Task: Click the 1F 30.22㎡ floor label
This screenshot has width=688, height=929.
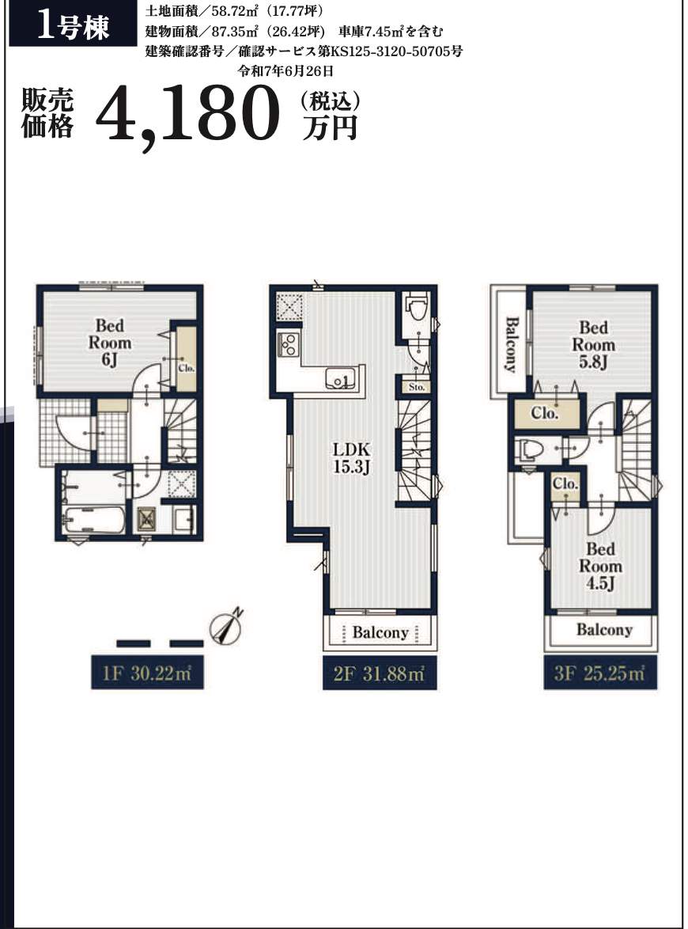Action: tap(147, 673)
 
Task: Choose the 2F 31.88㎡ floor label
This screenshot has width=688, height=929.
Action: tap(380, 673)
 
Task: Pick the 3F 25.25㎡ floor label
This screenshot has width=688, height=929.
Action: tap(600, 673)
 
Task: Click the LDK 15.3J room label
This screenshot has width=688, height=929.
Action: tap(352, 457)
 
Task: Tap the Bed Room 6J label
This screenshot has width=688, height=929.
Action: tap(110, 343)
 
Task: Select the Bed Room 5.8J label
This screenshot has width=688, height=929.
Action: tap(593, 345)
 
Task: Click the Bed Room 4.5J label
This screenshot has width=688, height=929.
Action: tap(600, 566)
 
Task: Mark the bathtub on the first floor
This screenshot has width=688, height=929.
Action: tap(93, 520)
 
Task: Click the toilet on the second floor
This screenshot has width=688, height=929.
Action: tap(418, 309)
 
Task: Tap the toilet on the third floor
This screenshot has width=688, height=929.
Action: tap(528, 450)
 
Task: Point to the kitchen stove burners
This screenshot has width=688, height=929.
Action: tap(289, 344)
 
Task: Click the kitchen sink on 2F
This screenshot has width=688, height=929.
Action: tap(339, 378)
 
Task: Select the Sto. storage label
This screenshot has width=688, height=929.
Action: tap(416, 387)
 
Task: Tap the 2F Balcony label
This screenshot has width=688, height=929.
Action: tap(380, 632)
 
